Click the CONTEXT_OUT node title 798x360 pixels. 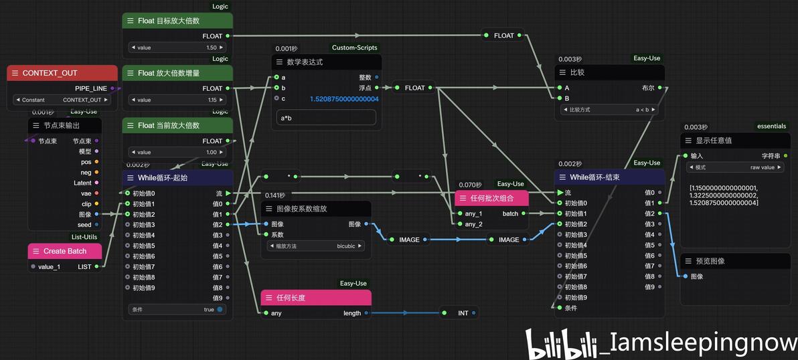coord(50,73)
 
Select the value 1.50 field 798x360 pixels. coord(177,48)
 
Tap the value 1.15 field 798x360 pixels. coord(177,100)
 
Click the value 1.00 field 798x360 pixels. coord(177,152)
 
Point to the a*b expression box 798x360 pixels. coord(326,117)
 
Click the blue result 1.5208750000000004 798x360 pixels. coord(344,99)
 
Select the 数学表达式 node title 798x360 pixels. coord(305,62)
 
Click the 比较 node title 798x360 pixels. coord(576,72)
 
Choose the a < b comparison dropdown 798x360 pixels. coord(609,109)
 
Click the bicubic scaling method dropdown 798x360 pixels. coord(315,246)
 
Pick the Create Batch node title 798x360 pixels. coord(64,251)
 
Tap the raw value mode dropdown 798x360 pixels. coord(734,167)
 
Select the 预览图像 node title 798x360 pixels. coord(710,261)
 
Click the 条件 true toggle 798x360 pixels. coord(177,310)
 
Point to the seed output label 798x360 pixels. coord(84,225)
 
